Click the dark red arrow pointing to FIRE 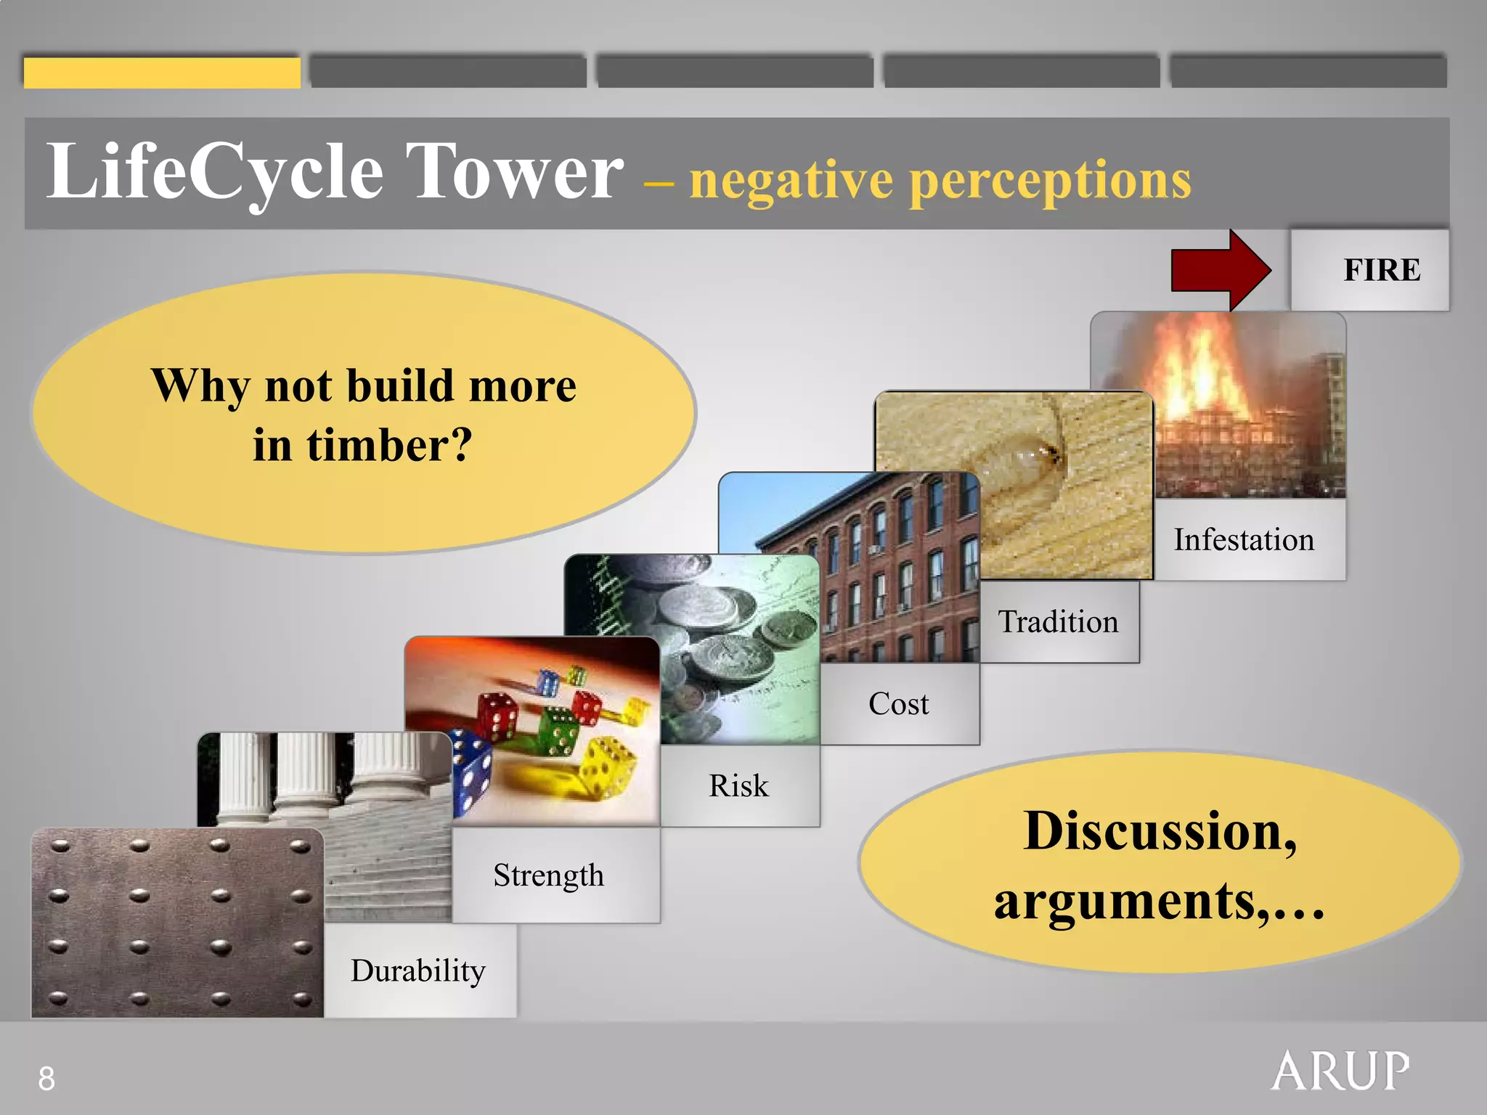(1220, 270)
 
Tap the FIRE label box (1369, 270)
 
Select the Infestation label (1244, 540)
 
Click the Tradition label (1058, 622)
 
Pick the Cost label (898, 704)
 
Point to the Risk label (738, 786)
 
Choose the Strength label (549, 875)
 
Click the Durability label (418, 971)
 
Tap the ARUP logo (1340, 1071)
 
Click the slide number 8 (46, 1079)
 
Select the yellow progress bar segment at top (162, 73)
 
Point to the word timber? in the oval (389, 445)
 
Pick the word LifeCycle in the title (215, 173)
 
